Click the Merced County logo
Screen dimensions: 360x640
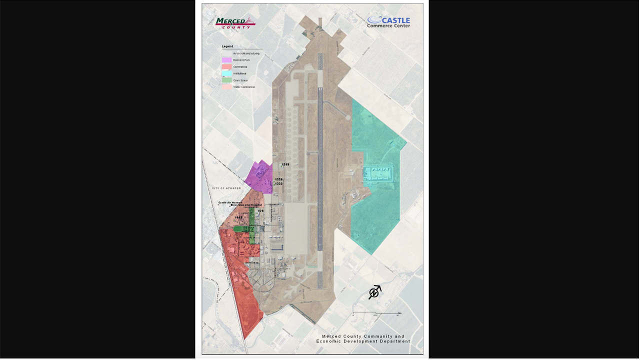tap(235, 23)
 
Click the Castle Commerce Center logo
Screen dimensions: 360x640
tap(388, 22)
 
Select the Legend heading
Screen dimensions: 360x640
tap(227, 46)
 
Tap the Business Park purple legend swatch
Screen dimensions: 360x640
tap(226, 60)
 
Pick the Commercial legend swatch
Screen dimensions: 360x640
tap(226, 67)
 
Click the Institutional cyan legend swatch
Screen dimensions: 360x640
tap(226, 73)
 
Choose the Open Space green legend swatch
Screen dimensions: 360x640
tap(226, 80)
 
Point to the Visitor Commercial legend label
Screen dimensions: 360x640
tap(244, 87)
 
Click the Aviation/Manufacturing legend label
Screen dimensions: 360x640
tap(246, 53)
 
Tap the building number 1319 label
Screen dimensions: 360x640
tap(285, 164)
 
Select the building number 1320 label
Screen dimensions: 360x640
tap(278, 179)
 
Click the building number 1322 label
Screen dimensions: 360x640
tap(278, 183)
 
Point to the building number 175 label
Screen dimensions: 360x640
tap(260, 211)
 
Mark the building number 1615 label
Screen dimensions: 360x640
tap(238, 217)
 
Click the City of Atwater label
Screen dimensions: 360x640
tap(226, 188)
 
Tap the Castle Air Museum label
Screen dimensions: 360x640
tap(230, 202)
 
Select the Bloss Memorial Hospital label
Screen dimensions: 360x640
tap(246, 205)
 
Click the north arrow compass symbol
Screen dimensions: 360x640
tap(374, 292)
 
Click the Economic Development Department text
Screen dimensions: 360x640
tap(363, 341)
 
